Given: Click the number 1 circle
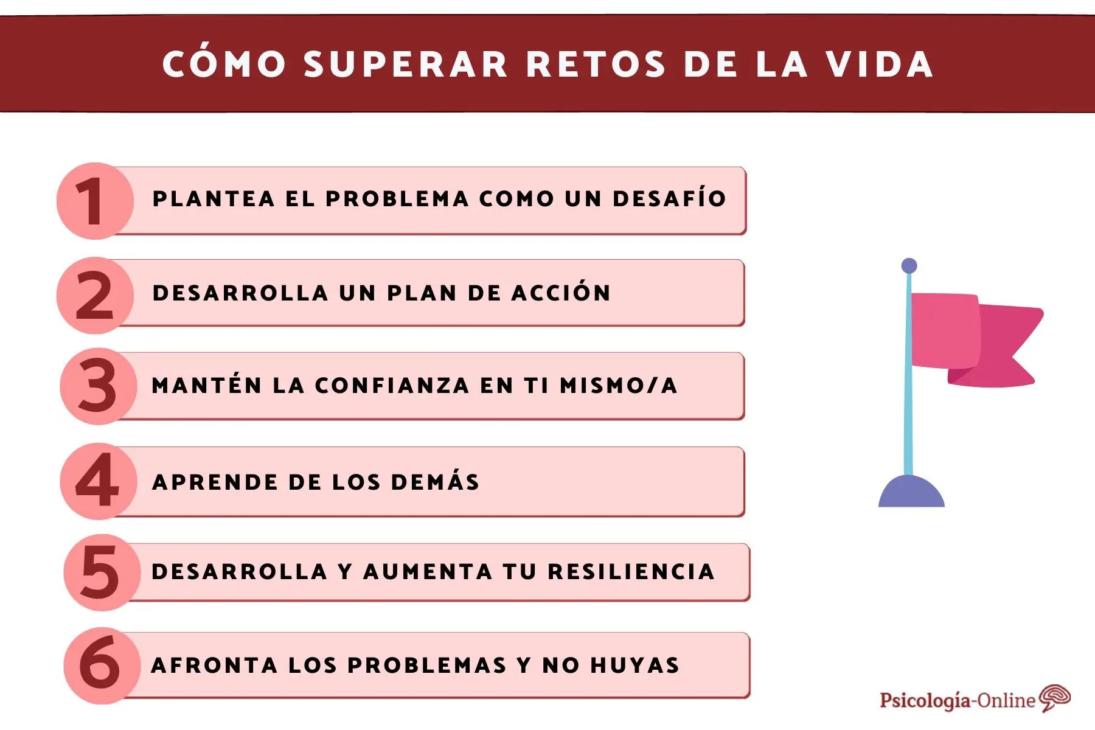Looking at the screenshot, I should (95, 201).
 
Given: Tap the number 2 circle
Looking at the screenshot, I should (95, 295).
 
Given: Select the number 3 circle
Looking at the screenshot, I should (98, 386).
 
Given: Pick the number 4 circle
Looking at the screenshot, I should (98, 481).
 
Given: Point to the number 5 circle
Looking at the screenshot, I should (101, 572).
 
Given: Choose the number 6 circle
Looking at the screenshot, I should (101, 666).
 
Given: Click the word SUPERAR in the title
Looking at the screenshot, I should (406, 64).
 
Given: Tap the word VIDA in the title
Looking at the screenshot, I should (879, 64).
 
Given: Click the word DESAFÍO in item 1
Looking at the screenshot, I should (669, 198).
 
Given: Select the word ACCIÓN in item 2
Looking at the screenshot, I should (561, 293).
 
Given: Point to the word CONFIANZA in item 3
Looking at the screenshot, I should (392, 385).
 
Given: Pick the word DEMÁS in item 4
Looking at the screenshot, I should (435, 482).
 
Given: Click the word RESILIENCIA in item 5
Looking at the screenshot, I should (631, 571).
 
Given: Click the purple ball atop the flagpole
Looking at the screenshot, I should (909, 266).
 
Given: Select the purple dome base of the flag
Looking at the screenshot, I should (911, 493).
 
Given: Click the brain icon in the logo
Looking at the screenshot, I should (1055, 697).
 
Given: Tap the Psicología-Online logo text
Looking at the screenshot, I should (957, 700).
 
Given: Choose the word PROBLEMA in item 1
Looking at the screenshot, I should (397, 198).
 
